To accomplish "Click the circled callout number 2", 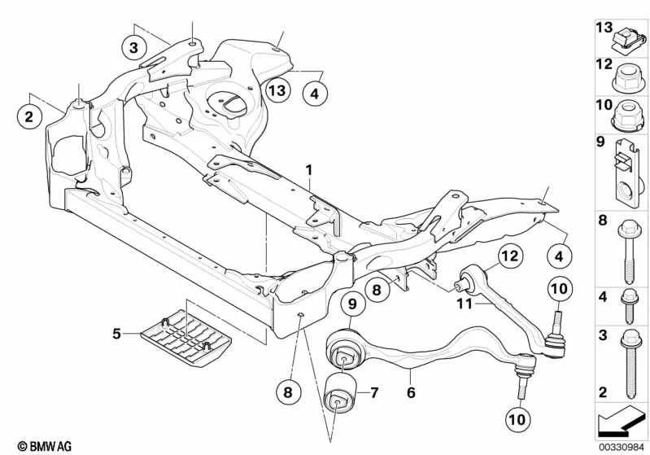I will [29, 118].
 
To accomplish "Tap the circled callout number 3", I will [135, 46].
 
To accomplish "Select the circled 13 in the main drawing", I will [277, 90].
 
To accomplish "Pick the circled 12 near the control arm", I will [508, 257].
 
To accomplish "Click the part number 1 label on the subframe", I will [309, 172].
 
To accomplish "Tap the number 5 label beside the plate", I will [116, 333].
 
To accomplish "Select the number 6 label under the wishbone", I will [412, 392].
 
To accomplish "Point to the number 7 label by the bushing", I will [373, 394].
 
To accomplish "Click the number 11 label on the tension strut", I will [463, 305].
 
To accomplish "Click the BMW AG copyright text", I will [27, 445].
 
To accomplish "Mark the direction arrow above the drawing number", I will [620, 421].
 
